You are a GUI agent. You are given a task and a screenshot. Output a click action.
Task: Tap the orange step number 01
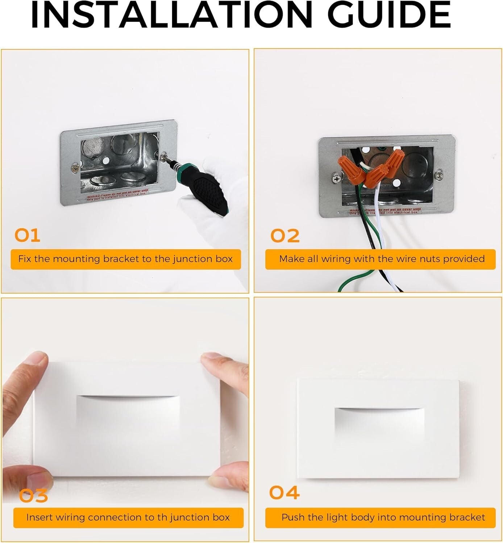pyautogui.click(x=27, y=236)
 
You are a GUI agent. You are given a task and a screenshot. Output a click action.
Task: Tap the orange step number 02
pyautogui.click(x=285, y=236)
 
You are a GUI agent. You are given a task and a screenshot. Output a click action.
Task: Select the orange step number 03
pyautogui.click(x=33, y=496)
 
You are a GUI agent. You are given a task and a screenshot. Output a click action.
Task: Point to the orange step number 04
pyautogui.click(x=284, y=493)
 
